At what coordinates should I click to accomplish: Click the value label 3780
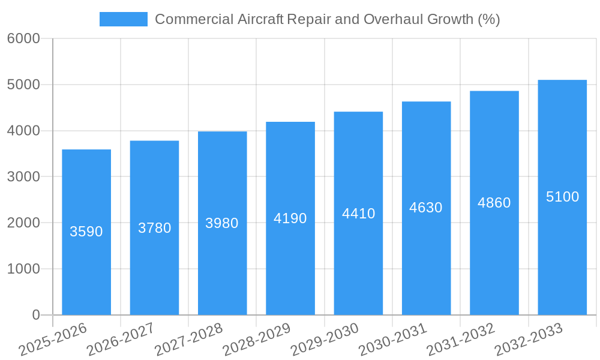pyautogui.click(x=155, y=228)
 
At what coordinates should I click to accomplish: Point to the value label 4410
pyautogui.click(x=358, y=214)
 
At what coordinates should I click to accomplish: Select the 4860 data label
pyautogui.click(x=494, y=203)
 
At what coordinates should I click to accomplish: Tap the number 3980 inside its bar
pyautogui.click(x=222, y=223)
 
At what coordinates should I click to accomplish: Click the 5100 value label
pyautogui.click(x=562, y=197)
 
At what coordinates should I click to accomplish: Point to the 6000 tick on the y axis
pyautogui.click(x=23, y=39)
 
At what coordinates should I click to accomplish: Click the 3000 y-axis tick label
pyautogui.click(x=23, y=177)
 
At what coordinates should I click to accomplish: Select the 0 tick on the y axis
pyautogui.click(x=35, y=315)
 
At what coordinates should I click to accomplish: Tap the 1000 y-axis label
pyautogui.click(x=23, y=269)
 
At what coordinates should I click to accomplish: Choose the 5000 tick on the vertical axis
pyautogui.click(x=23, y=85)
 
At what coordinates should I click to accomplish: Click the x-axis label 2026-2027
pyautogui.click(x=121, y=340)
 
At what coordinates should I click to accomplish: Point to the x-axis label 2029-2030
pyautogui.click(x=325, y=340)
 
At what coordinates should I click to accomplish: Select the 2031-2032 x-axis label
pyautogui.click(x=461, y=340)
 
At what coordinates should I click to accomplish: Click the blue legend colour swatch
pyautogui.click(x=123, y=19)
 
